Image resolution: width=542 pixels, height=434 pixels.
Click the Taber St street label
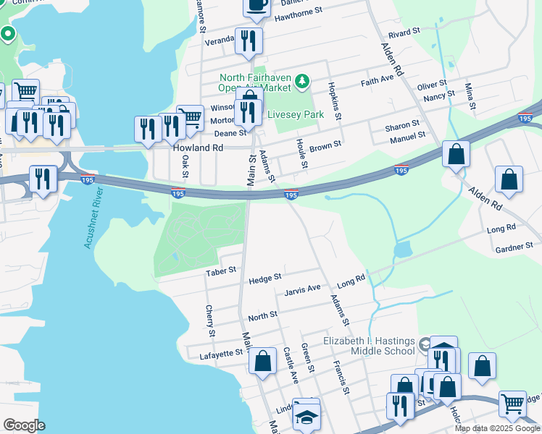[x=222, y=271]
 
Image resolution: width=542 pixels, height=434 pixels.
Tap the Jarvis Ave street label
[x=303, y=288]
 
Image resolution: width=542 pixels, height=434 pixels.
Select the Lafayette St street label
[x=222, y=353]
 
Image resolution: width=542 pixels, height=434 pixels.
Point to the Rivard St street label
[x=404, y=33]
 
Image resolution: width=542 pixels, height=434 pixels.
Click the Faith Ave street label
[x=377, y=81]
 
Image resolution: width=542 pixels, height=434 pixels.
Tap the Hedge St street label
[x=264, y=278]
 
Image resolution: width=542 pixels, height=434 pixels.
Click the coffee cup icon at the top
[x=257, y=4]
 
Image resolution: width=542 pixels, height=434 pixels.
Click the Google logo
[x=23, y=425]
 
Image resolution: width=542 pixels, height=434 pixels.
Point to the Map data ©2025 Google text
[x=497, y=428]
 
